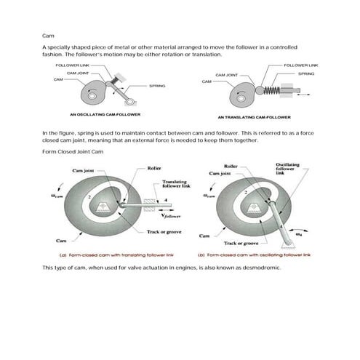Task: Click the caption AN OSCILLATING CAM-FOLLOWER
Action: point(105,115)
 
